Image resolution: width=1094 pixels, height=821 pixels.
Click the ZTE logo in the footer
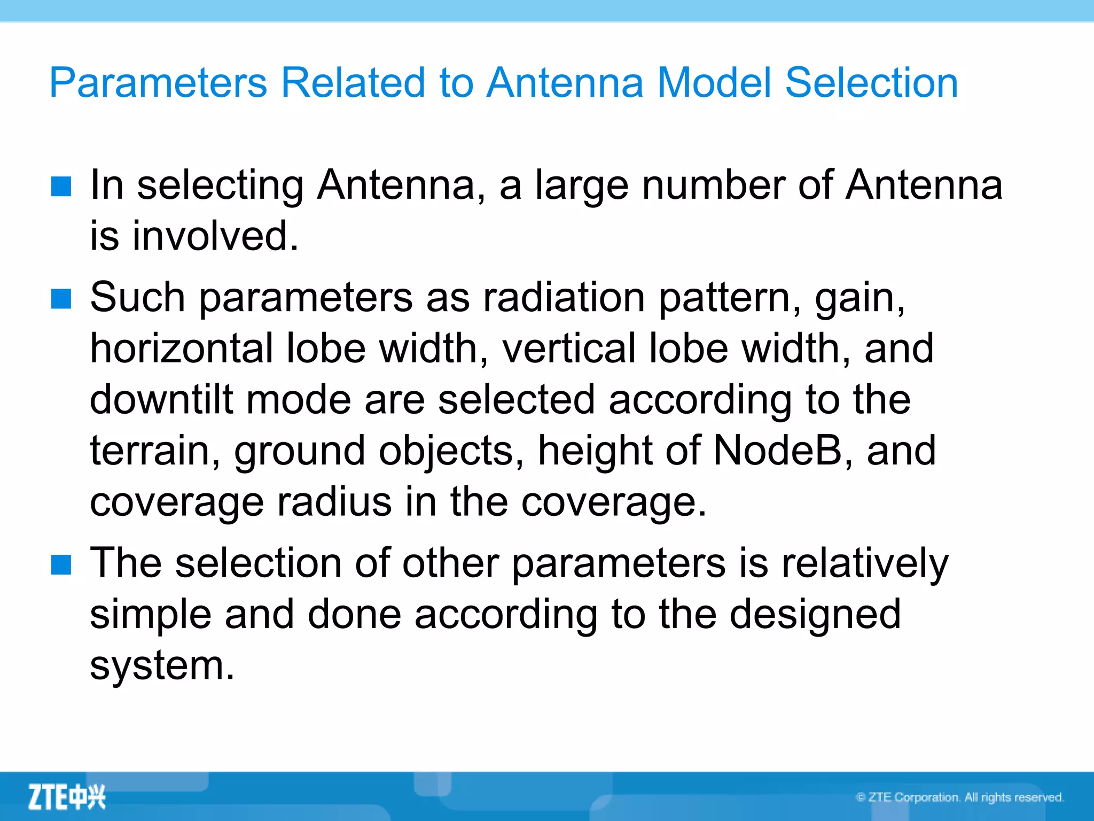[67, 797]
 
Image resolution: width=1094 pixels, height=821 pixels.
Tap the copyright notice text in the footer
[959, 797]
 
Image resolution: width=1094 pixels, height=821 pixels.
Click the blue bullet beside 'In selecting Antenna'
[61, 187]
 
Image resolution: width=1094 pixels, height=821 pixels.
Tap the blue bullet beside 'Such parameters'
[61, 299]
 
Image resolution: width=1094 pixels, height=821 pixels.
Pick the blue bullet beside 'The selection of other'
[61, 564]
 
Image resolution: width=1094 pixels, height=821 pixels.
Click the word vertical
[568, 348]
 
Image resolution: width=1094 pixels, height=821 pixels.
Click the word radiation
[564, 298]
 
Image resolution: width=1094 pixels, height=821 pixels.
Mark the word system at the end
[162, 666]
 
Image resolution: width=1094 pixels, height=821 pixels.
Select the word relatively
[865, 564]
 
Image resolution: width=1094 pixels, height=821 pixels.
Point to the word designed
[815, 615]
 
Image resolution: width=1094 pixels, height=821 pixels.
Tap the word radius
[334, 502]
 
